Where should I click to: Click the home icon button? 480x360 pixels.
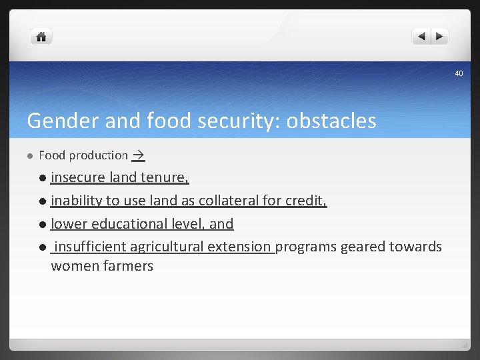[x=41, y=37]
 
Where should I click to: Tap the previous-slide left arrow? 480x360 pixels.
[x=421, y=37]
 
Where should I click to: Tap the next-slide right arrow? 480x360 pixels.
[x=440, y=37]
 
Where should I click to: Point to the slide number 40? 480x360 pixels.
[x=459, y=73]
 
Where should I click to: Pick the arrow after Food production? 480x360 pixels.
[x=138, y=155]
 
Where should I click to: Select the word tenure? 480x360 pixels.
[x=165, y=177]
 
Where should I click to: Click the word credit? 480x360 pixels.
[x=305, y=201]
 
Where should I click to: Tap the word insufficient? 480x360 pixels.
[x=90, y=247]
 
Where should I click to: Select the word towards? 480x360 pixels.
[x=416, y=247]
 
